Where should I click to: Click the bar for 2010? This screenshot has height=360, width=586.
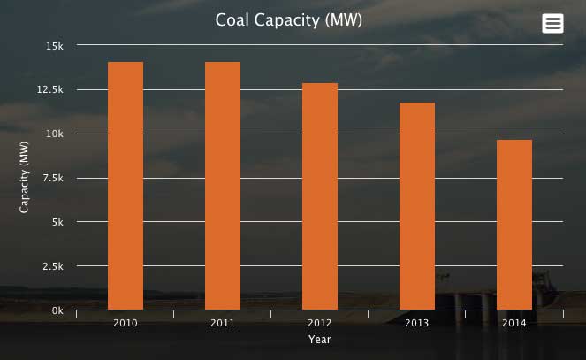click(126, 186)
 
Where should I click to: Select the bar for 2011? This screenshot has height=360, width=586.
click(223, 186)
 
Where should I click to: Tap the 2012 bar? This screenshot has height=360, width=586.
click(320, 196)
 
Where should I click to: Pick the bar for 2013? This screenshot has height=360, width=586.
click(417, 206)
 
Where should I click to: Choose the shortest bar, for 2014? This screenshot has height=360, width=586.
click(514, 225)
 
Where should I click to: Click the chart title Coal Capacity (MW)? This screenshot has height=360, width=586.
click(289, 19)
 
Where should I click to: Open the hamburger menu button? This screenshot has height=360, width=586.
click(552, 24)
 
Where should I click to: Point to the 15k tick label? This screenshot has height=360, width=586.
click(55, 45)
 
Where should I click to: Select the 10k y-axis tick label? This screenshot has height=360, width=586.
click(55, 134)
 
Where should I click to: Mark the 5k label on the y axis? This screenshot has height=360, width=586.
click(57, 222)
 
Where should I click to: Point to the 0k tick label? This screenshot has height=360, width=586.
click(57, 310)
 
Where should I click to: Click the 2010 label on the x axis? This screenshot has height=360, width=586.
click(126, 323)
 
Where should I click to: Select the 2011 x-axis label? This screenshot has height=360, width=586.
click(223, 323)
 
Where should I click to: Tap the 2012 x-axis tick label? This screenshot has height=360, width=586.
click(320, 323)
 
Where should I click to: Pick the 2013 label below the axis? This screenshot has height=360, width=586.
click(417, 323)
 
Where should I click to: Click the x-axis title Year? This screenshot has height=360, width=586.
click(320, 339)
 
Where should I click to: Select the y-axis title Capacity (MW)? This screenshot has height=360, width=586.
click(25, 178)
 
